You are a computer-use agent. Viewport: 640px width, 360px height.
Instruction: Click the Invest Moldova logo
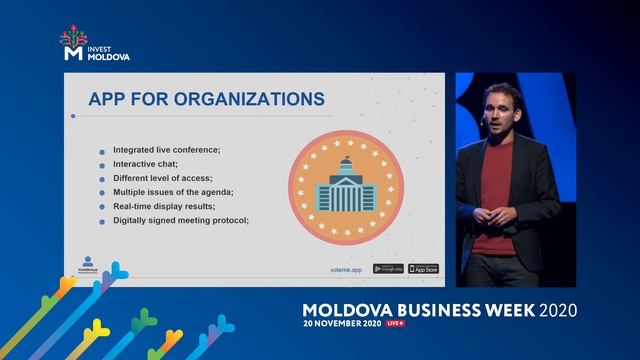95,44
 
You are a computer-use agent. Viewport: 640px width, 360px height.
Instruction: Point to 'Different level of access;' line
163,177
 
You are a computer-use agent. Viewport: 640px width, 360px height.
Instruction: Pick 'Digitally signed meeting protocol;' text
180,220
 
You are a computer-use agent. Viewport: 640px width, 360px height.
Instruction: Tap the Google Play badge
388,268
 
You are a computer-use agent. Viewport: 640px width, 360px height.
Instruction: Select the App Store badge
423,268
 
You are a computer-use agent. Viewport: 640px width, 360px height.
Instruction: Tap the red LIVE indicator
395,324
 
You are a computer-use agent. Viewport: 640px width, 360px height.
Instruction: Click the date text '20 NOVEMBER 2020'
342,324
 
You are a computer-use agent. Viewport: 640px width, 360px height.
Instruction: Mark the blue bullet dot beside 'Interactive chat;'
101,164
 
